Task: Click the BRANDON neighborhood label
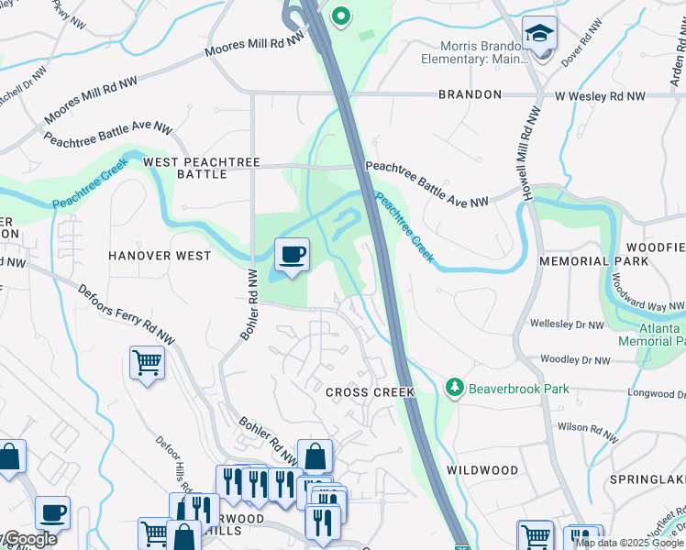tap(470, 94)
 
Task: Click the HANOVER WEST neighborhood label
tap(160, 256)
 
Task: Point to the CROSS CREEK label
tap(371, 392)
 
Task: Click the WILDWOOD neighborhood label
tap(482, 470)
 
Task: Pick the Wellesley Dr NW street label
tap(568, 324)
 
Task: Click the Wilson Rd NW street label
tap(587, 427)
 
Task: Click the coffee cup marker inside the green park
tap(292, 254)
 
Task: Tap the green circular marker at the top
tap(341, 16)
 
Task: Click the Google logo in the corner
tap(29, 540)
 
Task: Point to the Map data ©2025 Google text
tap(630, 543)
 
